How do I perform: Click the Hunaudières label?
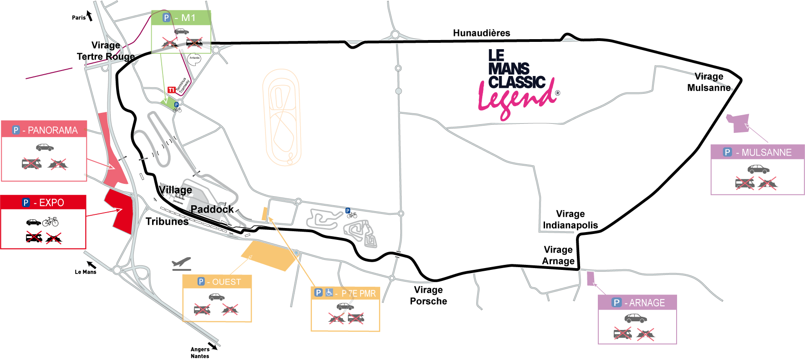click(x=481, y=33)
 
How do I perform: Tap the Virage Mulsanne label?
click(x=708, y=82)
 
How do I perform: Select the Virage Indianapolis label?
click(x=570, y=219)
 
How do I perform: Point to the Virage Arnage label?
click(x=558, y=255)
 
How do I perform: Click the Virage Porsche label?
click(x=428, y=295)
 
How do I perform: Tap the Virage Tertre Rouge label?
click(x=106, y=51)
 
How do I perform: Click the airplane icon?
click(x=181, y=264)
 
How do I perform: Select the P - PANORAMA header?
click(x=44, y=130)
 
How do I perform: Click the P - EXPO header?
click(x=43, y=203)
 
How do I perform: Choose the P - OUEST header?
click(x=217, y=282)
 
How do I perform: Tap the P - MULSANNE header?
click(x=758, y=152)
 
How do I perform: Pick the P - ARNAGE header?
click(x=637, y=303)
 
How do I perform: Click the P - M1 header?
click(x=181, y=18)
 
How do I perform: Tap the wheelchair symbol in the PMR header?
click(x=329, y=293)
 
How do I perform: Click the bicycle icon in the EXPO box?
click(x=50, y=222)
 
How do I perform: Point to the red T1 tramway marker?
click(x=171, y=90)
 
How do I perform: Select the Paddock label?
click(x=212, y=209)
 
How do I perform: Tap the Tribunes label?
click(x=167, y=222)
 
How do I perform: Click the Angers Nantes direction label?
click(x=200, y=353)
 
